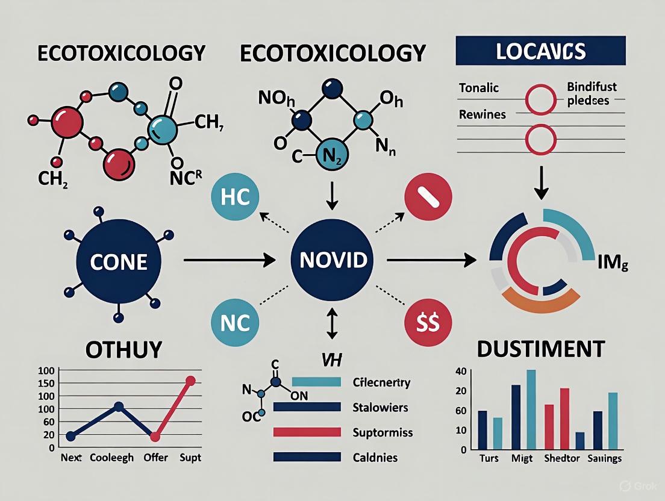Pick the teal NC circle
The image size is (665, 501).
click(x=236, y=323)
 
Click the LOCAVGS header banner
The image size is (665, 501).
click(x=540, y=51)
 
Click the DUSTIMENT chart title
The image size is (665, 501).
click(x=540, y=349)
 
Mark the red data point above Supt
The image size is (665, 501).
click(x=190, y=381)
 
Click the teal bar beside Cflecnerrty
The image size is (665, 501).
click(x=316, y=382)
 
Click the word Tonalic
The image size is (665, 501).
click(x=479, y=88)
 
